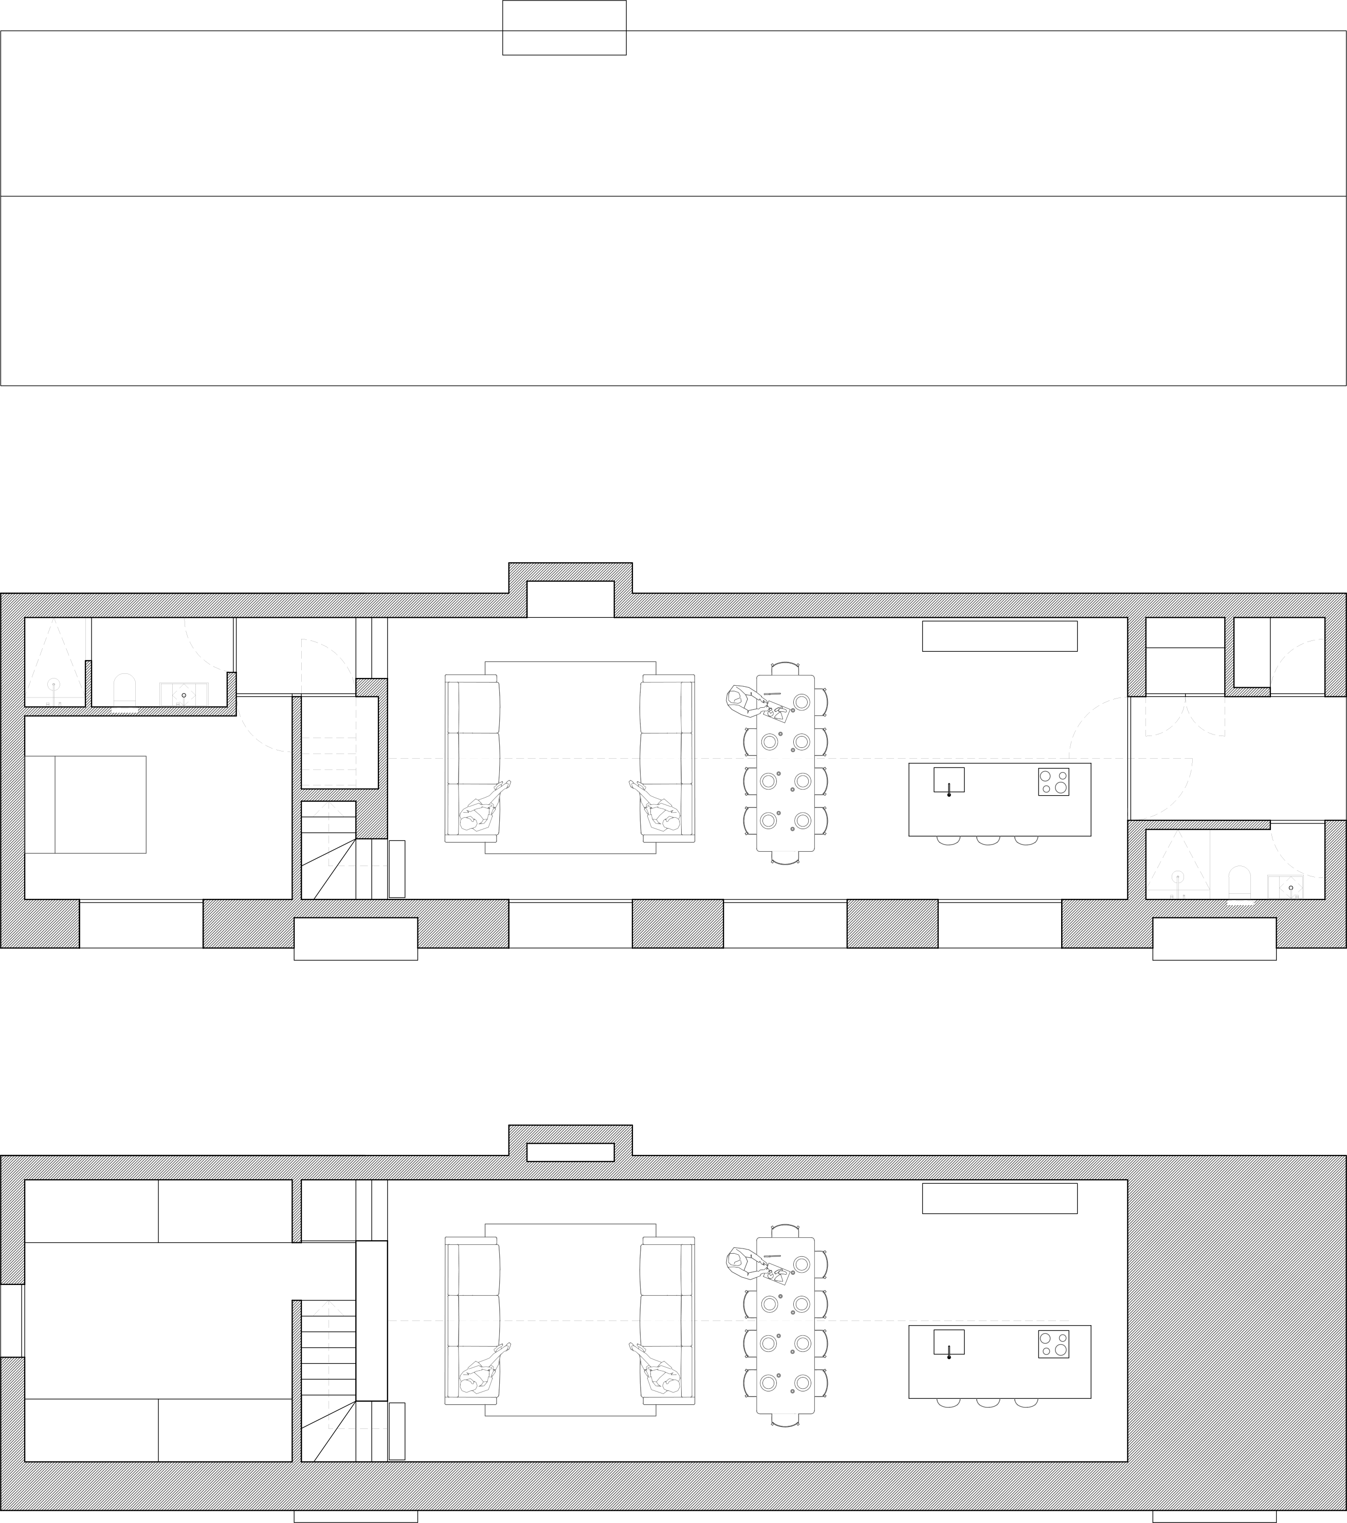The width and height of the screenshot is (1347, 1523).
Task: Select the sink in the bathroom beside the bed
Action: (184, 694)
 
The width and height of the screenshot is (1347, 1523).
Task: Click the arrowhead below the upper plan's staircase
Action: (328, 809)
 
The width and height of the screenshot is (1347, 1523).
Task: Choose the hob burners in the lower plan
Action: (1053, 1343)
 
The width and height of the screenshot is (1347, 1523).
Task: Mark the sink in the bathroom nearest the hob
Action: (1285, 886)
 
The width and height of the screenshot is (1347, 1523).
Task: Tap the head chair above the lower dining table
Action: (785, 1231)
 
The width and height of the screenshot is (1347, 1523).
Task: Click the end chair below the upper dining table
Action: (785, 857)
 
